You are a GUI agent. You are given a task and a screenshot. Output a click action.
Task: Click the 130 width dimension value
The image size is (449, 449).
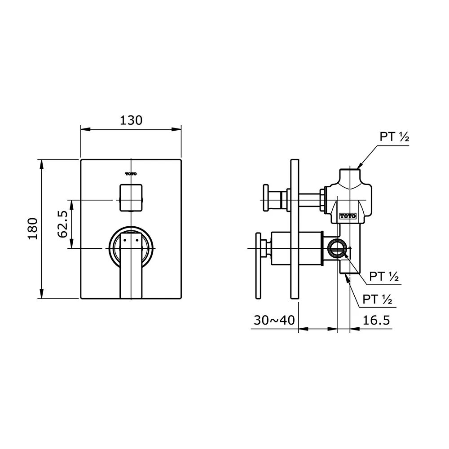[131, 120]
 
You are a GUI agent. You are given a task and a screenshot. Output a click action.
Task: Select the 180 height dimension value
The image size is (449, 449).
[33, 229]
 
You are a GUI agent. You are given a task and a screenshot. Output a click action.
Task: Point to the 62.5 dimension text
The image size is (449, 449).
[62, 224]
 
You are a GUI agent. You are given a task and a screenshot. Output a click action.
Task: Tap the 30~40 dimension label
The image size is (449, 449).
[274, 320]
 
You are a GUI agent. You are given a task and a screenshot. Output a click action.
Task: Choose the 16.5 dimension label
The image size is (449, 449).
[376, 320]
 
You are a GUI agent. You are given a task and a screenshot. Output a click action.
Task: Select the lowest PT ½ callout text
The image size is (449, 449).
[378, 299]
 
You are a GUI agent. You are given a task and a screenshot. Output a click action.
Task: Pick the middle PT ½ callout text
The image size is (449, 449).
[384, 277]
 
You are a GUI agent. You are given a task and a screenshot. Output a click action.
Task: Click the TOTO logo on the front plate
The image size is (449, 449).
[131, 174]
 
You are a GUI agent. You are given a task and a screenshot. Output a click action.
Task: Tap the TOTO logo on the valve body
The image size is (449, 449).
[348, 216]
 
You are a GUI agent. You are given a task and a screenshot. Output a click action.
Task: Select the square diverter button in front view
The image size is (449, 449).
[131, 197]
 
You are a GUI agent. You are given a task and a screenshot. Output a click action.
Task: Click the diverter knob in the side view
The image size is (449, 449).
[266, 197]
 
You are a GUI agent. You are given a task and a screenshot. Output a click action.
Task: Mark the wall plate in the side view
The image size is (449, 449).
[295, 229]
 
